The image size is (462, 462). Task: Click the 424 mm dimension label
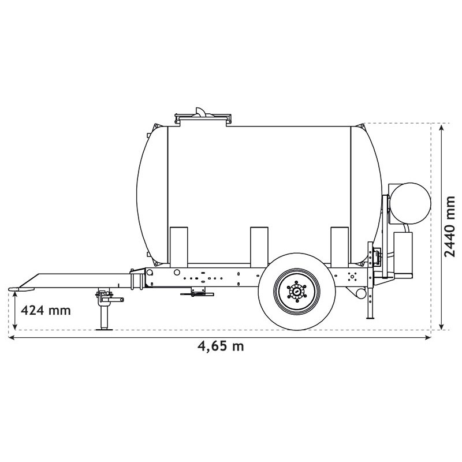[46, 310]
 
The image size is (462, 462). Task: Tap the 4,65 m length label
[221, 346]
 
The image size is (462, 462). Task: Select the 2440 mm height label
[450, 226]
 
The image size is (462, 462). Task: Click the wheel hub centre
[297, 292]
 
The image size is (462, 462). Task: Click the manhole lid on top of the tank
[203, 117]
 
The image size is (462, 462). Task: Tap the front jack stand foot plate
[104, 329]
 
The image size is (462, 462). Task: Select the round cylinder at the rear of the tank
[411, 203]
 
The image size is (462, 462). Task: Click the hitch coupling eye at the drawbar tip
[21, 289]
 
